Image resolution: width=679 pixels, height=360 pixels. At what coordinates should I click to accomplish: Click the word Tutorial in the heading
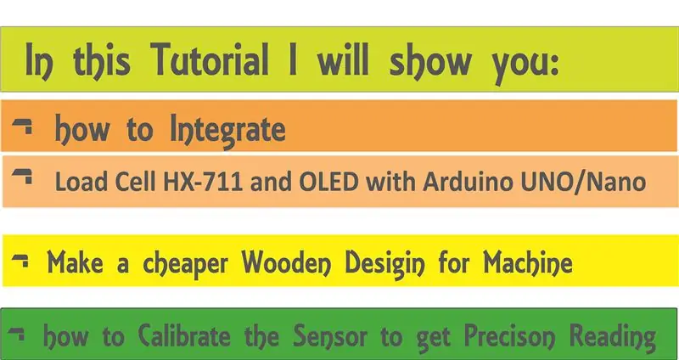point(210,59)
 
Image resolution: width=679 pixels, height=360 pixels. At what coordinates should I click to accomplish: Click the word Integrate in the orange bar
point(227,131)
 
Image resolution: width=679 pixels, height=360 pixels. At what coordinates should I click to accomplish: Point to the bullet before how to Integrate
point(22,126)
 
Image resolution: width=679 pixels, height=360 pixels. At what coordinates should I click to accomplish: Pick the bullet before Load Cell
point(22,177)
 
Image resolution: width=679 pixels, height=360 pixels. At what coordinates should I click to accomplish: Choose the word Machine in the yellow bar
point(528,263)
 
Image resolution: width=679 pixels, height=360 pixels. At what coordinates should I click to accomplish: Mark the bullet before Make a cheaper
point(20,261)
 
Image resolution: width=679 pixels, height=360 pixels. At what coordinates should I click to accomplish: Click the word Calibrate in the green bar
point(184,336)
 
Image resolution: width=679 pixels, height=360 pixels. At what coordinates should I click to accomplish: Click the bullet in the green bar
point(16,333)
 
